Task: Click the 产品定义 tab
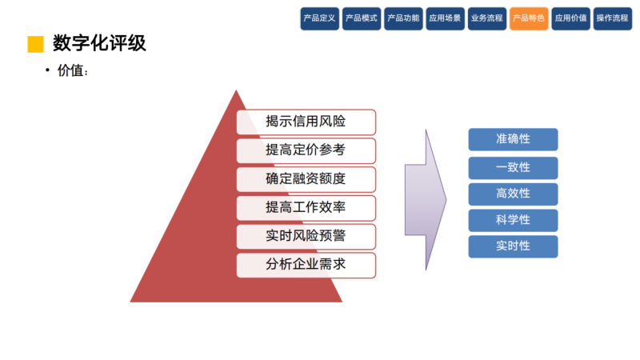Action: [x=320, y=18]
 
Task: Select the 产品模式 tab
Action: [x=362, y=18]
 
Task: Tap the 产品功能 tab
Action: [x=403, y=18]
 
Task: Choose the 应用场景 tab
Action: [x=445, y=18]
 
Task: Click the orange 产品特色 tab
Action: [x=529, y=18]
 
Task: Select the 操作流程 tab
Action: [x=613, y=18]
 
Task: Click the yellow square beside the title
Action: [x=35, y=44]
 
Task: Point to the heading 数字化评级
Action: [x=99, y=43]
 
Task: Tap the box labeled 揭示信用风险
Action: [x=306, y=122]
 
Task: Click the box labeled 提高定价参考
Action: [x=306, y=150]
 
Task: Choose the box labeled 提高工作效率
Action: [x=306, y=208]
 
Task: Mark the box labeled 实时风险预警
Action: [x=306, y=237]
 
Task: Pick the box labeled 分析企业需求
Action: [x=306, y=265]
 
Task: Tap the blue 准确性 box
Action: [x=513, y=139]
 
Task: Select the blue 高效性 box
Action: [x=513, y=194]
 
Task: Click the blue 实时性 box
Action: [x=513, y=246]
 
